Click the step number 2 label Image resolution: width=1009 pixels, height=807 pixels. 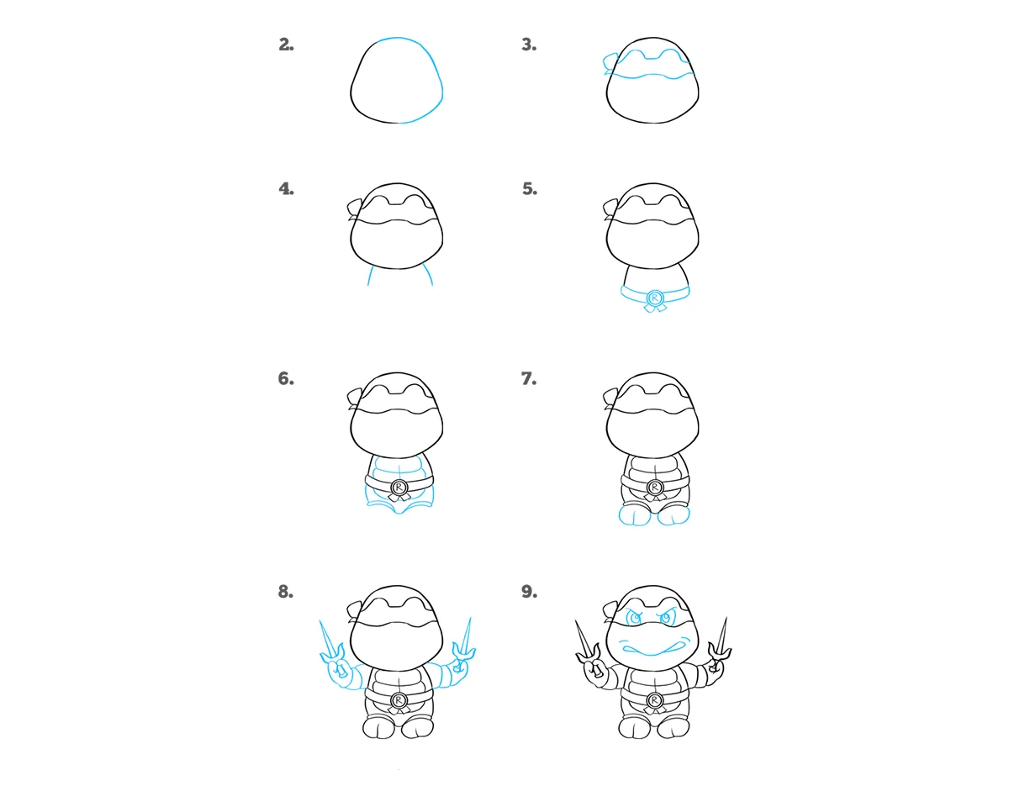[x=286, y=45]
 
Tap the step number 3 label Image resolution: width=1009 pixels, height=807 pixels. [x=529, y=45]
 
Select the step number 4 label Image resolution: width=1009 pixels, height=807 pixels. [x=286, y=189]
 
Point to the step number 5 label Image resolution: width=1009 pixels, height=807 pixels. [x=530, y=189]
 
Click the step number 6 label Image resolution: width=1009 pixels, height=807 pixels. [x=286, y=378]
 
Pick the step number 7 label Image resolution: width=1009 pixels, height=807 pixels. [x=529, y=378]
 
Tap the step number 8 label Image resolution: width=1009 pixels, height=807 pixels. [x=286, y=592]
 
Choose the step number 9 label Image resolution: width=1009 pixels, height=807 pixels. [x=530, y=592]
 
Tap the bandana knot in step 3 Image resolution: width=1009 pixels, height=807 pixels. [x=610, y=64]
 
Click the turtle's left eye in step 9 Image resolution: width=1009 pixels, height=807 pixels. [x=636, y=619]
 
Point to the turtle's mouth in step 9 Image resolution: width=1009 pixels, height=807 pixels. [x=652, y=651]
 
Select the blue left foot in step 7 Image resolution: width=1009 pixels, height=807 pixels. [x=634, y=515]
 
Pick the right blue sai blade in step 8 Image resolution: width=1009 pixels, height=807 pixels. [x=466, y=636]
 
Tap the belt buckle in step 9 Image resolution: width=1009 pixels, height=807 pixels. [x=654, y=700]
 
